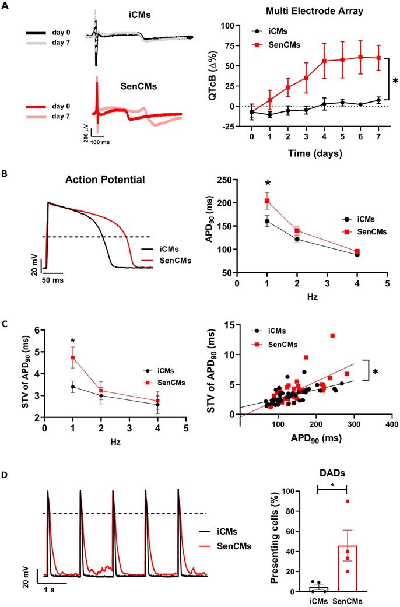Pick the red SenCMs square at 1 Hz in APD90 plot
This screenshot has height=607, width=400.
point(267,201)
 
